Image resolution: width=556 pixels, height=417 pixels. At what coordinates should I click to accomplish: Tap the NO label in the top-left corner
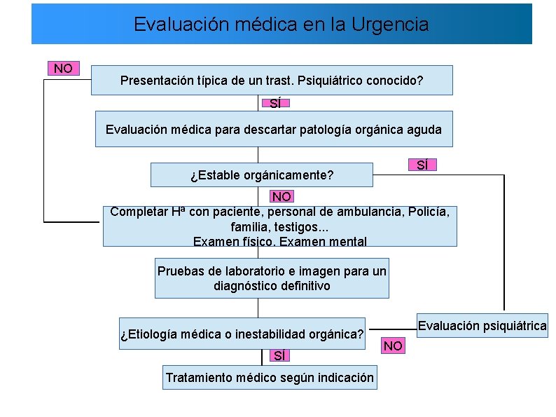point(63,68)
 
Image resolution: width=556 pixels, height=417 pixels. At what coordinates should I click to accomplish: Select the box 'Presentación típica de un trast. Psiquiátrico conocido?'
point(272,80)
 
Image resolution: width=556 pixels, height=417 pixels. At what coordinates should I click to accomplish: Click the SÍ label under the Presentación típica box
point(275,104)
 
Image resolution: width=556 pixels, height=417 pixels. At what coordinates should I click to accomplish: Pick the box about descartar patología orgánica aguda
point(273,129)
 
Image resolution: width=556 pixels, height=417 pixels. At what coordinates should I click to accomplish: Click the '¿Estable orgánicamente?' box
point(262,175)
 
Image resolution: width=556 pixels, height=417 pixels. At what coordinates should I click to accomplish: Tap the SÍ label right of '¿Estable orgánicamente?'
point(422,165)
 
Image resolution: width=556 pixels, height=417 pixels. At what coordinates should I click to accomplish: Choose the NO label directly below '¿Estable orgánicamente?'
point(282,196)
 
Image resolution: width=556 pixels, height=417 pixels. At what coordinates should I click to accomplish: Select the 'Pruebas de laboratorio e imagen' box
point(272,278)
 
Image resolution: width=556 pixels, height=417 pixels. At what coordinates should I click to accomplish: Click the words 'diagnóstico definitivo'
point(272,286)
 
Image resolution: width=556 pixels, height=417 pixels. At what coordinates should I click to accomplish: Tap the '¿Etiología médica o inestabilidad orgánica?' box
point(242,334)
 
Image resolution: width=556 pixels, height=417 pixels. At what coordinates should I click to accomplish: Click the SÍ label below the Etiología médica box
point(279,355)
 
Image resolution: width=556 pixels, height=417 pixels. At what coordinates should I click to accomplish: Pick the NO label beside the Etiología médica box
point(393,346)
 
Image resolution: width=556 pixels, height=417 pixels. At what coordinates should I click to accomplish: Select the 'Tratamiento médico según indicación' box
point(270,378)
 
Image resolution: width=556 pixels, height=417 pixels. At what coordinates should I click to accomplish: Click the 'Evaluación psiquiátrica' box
point(482,326)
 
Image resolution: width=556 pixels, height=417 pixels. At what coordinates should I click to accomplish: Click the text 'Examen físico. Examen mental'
point(279,242)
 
